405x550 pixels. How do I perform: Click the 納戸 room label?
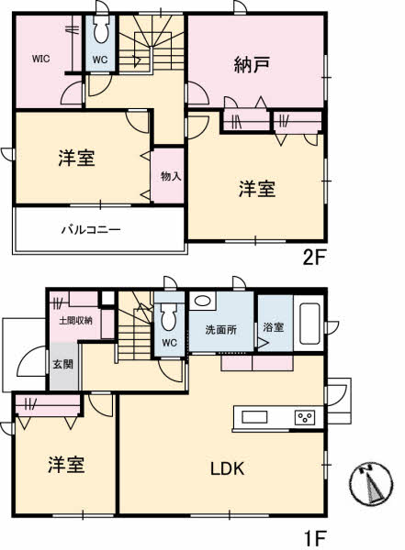(x=252, y=65)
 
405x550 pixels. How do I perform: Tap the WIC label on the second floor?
(x=40, y=59)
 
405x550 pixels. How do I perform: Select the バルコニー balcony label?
(x=92, y=230)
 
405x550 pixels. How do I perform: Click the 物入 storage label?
(x=171, y=176)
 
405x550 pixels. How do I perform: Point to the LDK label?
(x=228, y=468)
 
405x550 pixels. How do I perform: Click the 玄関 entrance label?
(x=63, y=364)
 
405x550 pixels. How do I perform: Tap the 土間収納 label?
(x=75, y=320)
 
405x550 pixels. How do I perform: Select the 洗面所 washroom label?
(x=220, y=330)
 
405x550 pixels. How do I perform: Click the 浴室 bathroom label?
(x=274, y=327)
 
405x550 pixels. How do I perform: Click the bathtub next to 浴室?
(x=309, y=324)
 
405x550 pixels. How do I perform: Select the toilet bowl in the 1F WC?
(x=169, y=315)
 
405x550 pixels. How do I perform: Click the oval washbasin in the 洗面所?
(x=202, y=301)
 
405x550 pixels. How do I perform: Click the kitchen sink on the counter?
(x=254, y=417)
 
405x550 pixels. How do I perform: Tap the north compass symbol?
(x=371, y=483)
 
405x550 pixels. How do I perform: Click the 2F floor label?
(x=315, y=258)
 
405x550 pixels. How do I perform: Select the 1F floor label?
(x=315, y=537)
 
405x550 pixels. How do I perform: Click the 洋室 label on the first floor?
(x=66, y=465)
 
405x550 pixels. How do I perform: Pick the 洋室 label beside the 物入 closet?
(x=76, y=158)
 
